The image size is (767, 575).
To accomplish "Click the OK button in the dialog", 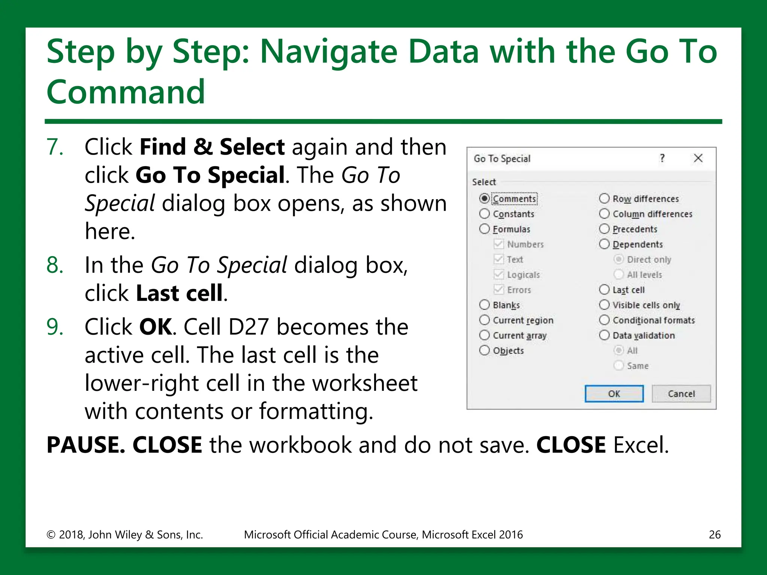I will click(x=614, y=394).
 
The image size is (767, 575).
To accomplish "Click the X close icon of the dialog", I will click(x=698, y=158).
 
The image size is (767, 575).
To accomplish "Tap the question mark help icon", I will click(x=662, y=158).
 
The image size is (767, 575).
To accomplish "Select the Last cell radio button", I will click(x=604, y=290).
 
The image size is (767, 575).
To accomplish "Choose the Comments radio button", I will click(x=484, y=198).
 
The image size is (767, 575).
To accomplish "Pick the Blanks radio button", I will click(x=484, y=305).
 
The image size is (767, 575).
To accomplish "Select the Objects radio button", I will click(x=484, y=350).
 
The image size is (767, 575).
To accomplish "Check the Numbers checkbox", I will click(x=498, y=244).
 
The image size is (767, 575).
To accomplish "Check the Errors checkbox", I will click(x=498, y=290).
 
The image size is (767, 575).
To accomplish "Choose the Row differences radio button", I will click(x=604, y=198).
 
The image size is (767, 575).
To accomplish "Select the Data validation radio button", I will click(x=604, y=335).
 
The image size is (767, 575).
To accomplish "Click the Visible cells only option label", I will click(x=646, y=305).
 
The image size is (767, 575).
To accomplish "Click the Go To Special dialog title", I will click(x=502, y=159).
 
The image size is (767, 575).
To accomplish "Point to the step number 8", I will click(x=55, y=265).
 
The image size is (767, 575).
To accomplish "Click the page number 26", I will click(x=715, y=535).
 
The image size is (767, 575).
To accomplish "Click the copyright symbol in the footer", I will click(x=51, y=535).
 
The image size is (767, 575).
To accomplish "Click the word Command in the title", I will click(x=126, y=92).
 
